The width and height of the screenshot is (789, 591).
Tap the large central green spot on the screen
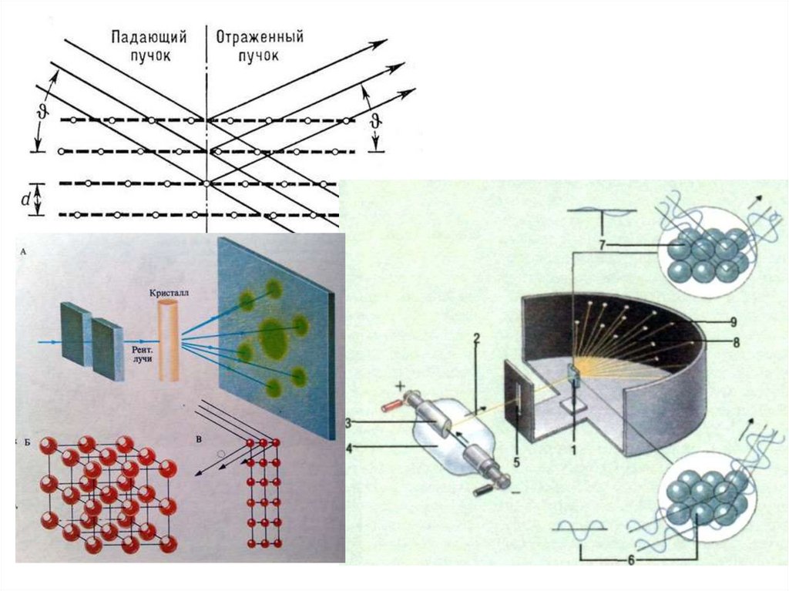pyautogui.click(x=273, y=336)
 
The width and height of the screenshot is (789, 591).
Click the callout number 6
pyautogui.click(x=631, y=560)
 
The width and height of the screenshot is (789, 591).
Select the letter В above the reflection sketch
pyautogui.click(x=199, y=440)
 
